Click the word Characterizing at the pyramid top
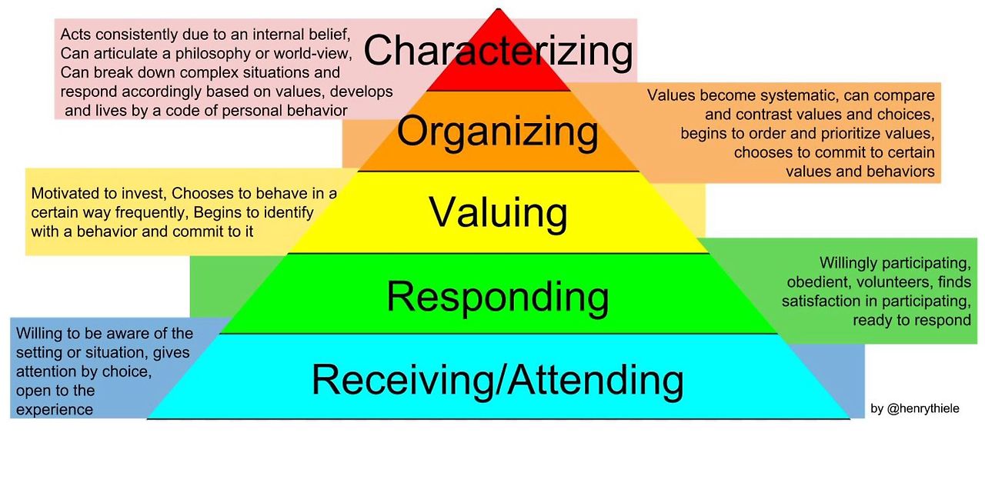498,52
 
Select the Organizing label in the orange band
497,132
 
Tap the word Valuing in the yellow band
498,212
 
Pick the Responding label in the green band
497,296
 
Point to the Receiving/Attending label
497,379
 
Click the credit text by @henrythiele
915,409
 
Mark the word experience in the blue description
54,410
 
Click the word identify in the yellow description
287,212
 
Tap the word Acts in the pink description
75,35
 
